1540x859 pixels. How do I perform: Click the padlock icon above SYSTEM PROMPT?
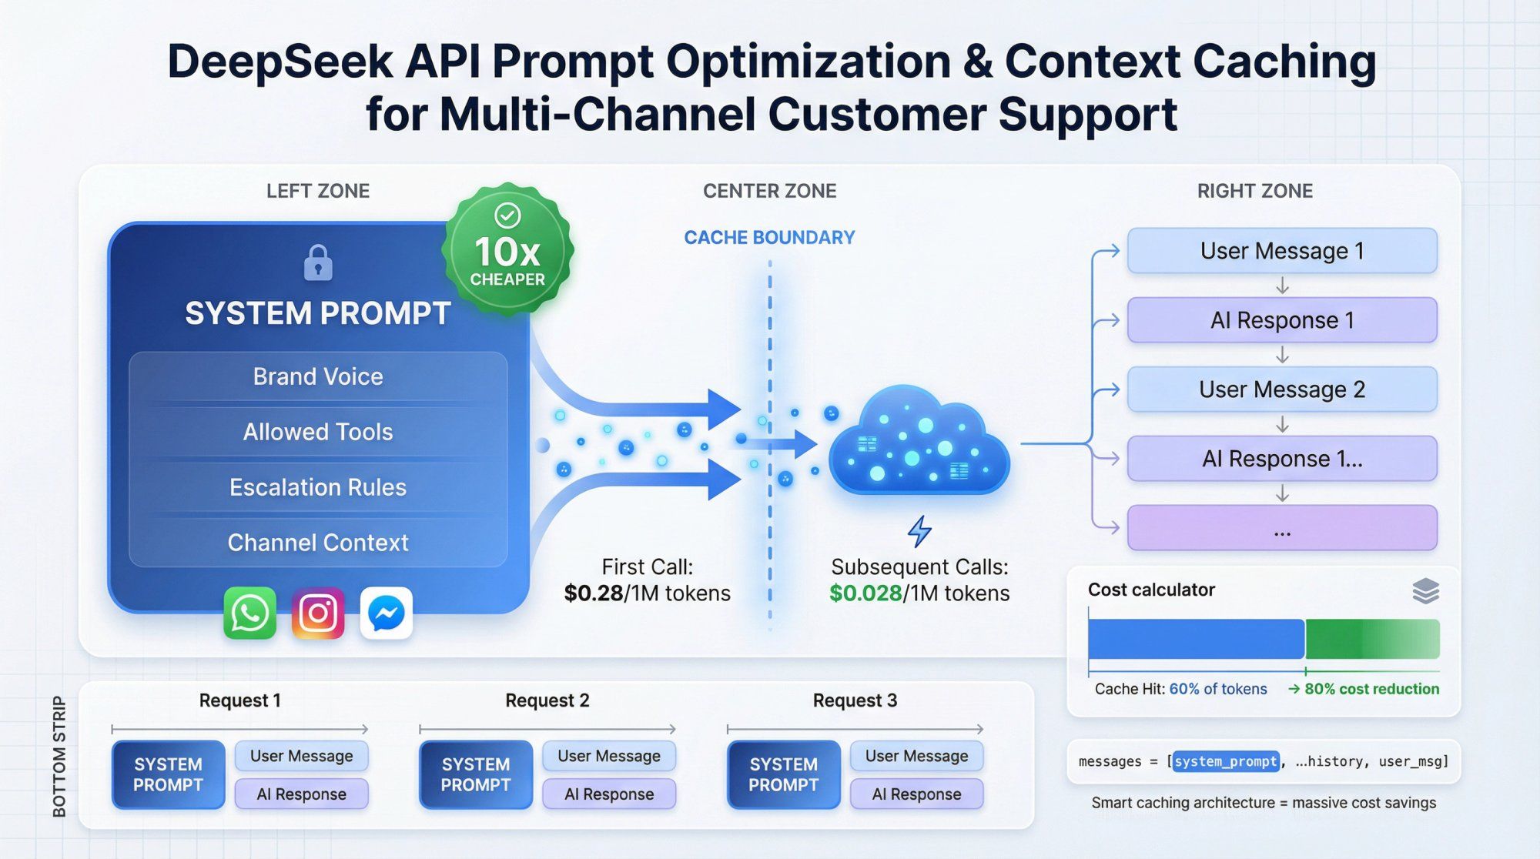[x=318, y=263]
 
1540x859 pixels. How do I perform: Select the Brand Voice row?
[x=318, y=376]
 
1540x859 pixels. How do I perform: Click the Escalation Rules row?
[x=318, y=487]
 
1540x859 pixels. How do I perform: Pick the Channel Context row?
[x=318, y=543]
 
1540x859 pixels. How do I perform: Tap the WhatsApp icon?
[x=249, y=613]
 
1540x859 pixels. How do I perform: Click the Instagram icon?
[x=318, y=613]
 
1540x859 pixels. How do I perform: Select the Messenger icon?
[x=387, y=613]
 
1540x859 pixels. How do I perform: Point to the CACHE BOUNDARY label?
[x=769, y=238]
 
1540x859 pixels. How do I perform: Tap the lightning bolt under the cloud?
[x=919, y=531]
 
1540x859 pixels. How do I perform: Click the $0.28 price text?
[x=593, y=593]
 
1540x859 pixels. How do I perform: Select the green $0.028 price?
[x=865, y=593]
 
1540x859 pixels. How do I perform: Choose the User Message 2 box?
[x=1282, y=389]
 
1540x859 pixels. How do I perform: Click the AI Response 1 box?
[x=1282, y=320]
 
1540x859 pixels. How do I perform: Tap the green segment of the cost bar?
[x=1372, y=639]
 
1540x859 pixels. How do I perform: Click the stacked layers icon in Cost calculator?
[x=1425, y=591]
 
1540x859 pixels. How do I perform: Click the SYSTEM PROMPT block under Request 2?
[x=476, y=774]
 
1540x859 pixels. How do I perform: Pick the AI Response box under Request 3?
[x=916, y=794]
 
